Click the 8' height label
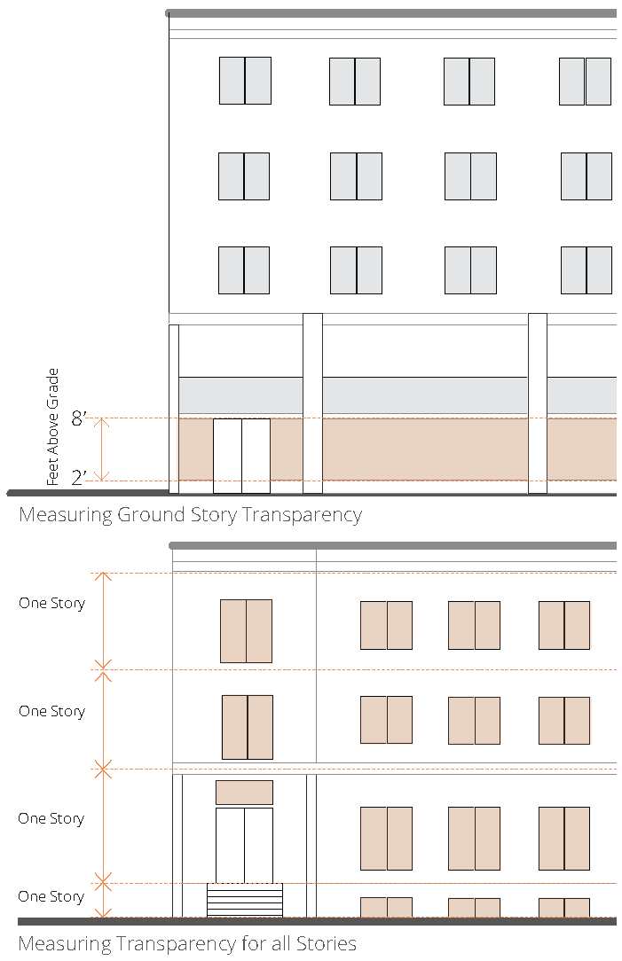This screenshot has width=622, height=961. tap(79, 418)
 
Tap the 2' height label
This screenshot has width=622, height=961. tap(79, 479)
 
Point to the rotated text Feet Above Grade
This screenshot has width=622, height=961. tap(53, 426)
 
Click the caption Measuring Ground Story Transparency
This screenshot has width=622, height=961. tap(190, 514)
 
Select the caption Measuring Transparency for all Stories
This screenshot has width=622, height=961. tap(187, 943)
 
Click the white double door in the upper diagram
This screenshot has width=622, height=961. tap(241, 456)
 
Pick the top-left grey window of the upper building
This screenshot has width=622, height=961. tap(245, 81)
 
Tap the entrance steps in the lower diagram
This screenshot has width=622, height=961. tap(245, 899)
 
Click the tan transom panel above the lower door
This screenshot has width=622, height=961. tap(244, 792)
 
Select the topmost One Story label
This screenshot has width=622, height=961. tap(51, 604)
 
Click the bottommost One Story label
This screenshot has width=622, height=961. tap(51, 897)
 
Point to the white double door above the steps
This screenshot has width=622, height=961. tap(244, 845)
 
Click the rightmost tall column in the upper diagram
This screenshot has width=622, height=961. tap(538, 402)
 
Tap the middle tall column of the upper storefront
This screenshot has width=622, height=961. tap(312, 402)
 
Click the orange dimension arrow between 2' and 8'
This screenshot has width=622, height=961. tap(102, 449)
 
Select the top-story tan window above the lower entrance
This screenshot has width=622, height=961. tap(246, 631)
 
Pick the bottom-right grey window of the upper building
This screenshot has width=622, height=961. tap(587, 270)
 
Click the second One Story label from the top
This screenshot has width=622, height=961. tap(51, 712)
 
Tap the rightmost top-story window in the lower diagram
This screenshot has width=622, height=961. tap(564, 625)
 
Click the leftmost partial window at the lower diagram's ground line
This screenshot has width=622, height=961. tap(386, 907)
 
